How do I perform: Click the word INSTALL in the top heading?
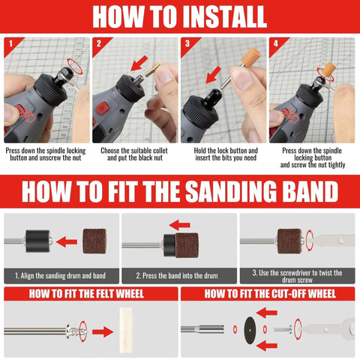(224, 17)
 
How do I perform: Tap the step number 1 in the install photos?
(10, 43)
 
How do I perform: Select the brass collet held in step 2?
(153, 70)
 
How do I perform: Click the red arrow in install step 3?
(213, 75)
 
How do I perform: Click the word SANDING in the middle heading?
(231, 191)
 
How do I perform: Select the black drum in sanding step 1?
(37, 241)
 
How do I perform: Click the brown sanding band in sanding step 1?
(94, 241)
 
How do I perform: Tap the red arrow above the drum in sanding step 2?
(179, 225)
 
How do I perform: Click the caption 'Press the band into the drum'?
(177, 276)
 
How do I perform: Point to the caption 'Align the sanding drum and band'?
(60, 276)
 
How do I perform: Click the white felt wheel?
(126, 330)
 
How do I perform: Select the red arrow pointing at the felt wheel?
(103, 332)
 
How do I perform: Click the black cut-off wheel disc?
(250, 329)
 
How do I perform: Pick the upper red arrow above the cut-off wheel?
(267, 313)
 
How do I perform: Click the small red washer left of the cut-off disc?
(235, 329)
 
